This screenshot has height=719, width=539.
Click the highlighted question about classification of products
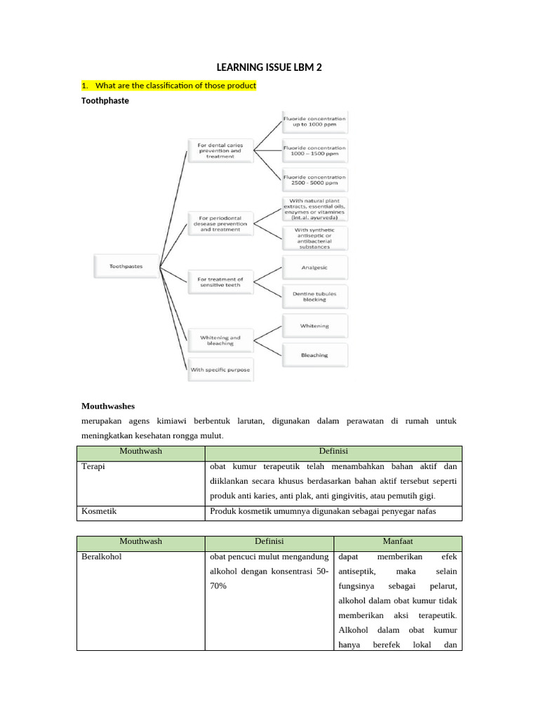click(169, 86)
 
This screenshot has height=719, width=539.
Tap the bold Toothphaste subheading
click(105, 100)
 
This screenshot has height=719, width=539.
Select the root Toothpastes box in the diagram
click(127, 266)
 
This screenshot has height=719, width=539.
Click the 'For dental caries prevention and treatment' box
click(220, 150)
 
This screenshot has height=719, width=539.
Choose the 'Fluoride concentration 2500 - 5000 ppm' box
click(314, 180)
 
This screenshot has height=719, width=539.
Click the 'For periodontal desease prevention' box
click(220, 225)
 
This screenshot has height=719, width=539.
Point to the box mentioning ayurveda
click(314, 209)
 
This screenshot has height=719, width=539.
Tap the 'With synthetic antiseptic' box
click(314, 237)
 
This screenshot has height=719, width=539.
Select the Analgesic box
click(314, 268)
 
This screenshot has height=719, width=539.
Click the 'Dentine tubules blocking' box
click(314, 296)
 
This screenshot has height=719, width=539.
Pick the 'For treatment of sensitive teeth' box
click(220, 282)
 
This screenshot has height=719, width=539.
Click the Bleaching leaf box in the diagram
click(314, 355)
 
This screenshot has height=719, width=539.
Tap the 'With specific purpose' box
click(220, 369)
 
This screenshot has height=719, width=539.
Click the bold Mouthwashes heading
click(108, 406)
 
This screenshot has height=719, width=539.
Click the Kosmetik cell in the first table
click(99, 511)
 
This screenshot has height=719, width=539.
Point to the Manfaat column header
click(397, 541)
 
